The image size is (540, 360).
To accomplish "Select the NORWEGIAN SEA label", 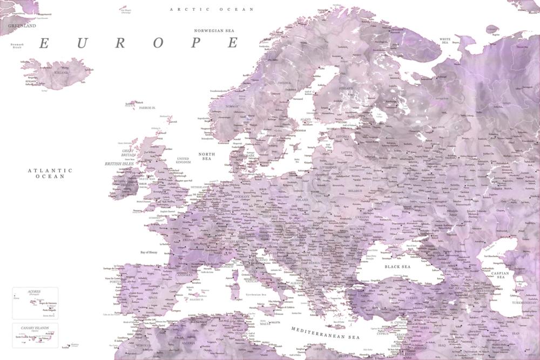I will tap(217, 31).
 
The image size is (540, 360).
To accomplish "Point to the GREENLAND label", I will tap(22, 25).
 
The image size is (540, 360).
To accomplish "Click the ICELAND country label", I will tap(61, 72).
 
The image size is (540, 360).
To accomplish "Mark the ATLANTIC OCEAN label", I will tap(50, 173).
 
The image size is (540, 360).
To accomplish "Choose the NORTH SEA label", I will tap(206, 157).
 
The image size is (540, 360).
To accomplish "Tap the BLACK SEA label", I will tap(397, 267).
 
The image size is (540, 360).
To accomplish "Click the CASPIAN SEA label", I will tap(501, 275).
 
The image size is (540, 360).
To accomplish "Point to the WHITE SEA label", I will tap(446, 40).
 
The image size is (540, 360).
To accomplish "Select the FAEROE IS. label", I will tap(147, 107).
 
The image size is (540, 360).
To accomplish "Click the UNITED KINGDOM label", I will tap(184, 160).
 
